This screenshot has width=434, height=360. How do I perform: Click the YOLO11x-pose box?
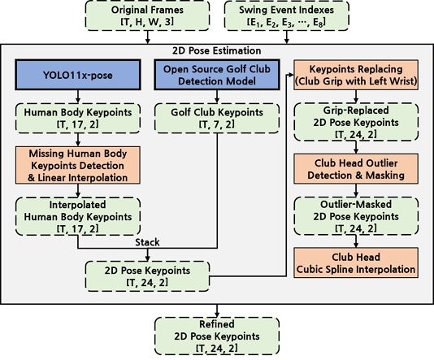(x=78, y=75)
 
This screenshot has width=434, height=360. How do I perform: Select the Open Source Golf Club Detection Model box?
(x=217, y=75)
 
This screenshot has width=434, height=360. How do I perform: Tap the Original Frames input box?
(x=147, y=15)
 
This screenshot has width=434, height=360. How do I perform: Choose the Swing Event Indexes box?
(x=286, y=15)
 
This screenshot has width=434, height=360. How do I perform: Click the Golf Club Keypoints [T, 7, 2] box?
(x=217, y=118)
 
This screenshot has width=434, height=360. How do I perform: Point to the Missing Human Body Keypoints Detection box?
(x=78, y=165)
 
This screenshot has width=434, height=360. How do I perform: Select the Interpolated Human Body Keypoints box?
(x=78, y=216)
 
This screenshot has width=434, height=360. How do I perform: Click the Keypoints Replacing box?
(x=356, y=75)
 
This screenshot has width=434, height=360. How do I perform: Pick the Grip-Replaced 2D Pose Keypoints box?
(x=356, y=122)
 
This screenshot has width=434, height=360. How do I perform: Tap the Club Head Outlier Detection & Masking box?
(x=356, y=169)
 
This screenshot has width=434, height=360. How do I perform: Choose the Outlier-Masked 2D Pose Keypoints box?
(x=356, y=216)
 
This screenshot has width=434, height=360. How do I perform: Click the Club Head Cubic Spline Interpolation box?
(x=356, y=262)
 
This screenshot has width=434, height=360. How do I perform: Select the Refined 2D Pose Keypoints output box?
(x=217, y=336)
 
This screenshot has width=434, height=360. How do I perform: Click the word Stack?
(x=147, y=242)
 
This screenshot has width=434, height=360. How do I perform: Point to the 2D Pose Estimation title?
(x=217, y=50)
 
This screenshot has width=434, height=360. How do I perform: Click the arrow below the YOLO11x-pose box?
(x=78, y=97)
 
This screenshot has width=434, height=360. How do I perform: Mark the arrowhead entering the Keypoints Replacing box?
(x=291, y=75)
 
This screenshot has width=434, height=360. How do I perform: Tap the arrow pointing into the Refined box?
(x=217, y=310)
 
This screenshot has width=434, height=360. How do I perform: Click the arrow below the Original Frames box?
(x=148, y=37)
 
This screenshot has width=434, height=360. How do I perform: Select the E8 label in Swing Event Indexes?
(x=318, y=23)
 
